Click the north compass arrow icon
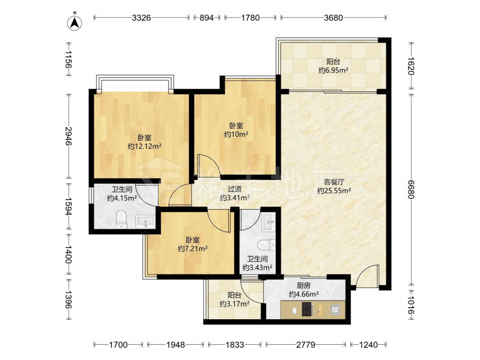tap(74, 22)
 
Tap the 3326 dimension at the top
tap(142, 18)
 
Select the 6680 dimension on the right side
tap(411, 189)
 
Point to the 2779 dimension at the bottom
tap(305, 345)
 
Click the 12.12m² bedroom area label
tap(144, 146)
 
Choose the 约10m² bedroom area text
tap(236, 134)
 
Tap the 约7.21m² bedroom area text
tap(193, 249)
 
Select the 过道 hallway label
tap(235, 189)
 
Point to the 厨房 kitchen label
tap(303, 286)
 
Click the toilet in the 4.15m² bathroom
tap(121, 219)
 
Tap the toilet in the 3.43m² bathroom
tap(266, 245)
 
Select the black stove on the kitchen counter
tap(307, 309)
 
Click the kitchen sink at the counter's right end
tap(335, 310)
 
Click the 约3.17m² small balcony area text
tap(234, 304)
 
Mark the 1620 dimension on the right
tap(411, 66)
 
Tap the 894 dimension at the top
tap(206, 18)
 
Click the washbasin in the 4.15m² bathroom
tap(146, 221)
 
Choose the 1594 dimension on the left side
tap(68, 206)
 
